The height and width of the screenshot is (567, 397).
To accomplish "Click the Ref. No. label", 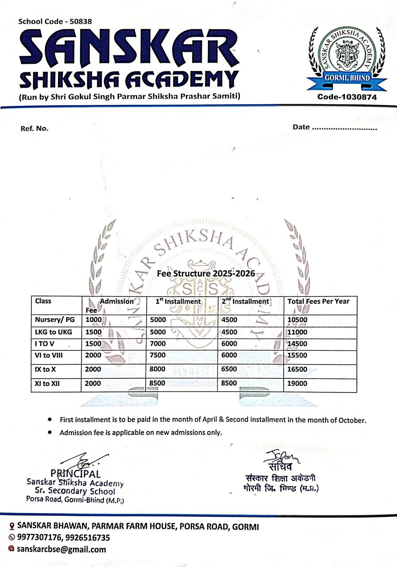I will point(35,128).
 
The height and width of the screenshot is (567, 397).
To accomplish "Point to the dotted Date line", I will point(344,128).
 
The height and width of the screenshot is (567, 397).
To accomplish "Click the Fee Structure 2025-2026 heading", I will point(206,274).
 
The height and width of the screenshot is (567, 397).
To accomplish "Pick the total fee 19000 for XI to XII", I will point(297,384).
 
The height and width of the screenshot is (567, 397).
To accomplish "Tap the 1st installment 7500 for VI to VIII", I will point(158,355).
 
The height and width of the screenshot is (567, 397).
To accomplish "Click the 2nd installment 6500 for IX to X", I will point(230,369).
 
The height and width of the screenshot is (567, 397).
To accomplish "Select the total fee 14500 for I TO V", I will point(297,344).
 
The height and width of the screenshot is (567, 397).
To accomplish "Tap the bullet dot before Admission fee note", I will point(50,432).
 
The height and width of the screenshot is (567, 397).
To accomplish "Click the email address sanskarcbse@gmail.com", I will point(62,550).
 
